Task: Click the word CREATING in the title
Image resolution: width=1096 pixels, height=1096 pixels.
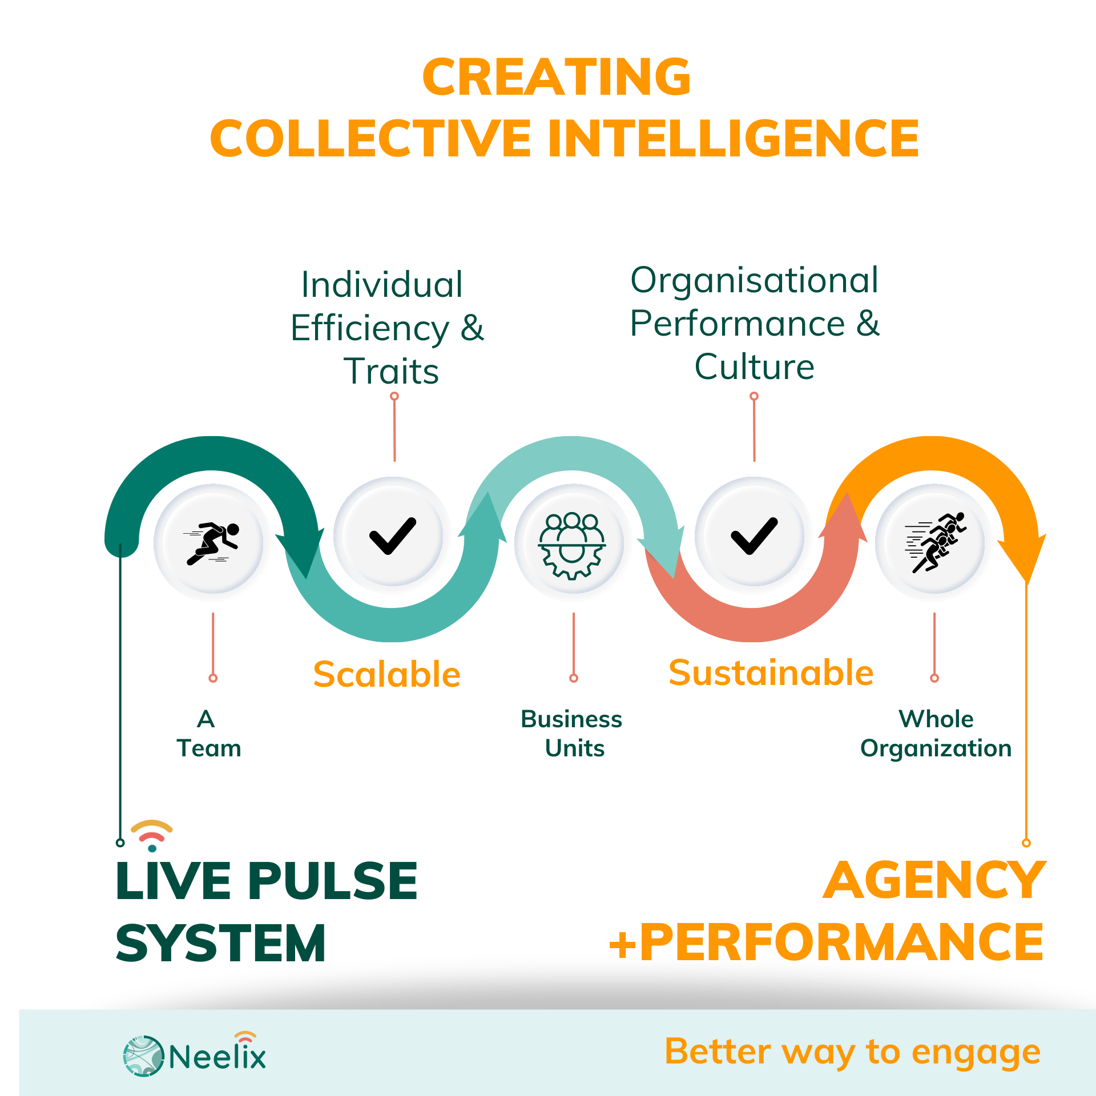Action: [x=557, y=77]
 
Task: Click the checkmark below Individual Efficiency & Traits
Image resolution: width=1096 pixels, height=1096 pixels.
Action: [x=393, y=536]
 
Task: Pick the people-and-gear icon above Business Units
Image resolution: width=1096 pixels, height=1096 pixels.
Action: [x=573, y=545]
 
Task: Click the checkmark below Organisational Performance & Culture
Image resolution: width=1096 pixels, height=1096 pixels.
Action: [x=754, y=536]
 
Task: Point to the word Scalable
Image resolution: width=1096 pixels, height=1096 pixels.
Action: [x=386, y=674]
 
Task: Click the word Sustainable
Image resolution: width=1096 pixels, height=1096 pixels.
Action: [x=771, y=672]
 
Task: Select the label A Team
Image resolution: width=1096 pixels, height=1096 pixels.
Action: [x=208, y=734]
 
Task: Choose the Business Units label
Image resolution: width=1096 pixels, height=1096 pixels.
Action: [x=572, y=734]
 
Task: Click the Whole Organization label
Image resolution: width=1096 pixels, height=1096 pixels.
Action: [x=936, y=734]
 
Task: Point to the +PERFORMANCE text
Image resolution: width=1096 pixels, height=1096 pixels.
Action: [x=826, y=942]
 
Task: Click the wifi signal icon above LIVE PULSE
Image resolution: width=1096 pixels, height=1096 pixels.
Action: [x=152, y=835]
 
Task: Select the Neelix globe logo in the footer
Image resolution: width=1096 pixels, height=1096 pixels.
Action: [x=143, y=1056]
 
